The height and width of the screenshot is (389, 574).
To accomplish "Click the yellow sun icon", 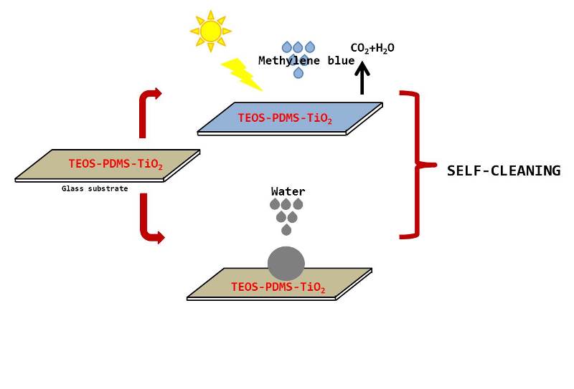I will click(x=210, y=31).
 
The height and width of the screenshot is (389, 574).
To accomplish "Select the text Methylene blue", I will click(x=306, y=61).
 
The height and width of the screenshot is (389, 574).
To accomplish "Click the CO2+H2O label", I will click(x=372, y=48).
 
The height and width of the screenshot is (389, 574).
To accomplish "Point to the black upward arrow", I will click(x=362, y=77).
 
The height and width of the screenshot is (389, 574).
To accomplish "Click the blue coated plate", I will click(x=290, y=118).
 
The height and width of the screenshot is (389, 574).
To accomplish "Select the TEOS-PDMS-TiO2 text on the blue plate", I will click(x=285, y=118).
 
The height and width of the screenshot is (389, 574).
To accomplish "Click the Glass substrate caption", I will click(x=95, y=189).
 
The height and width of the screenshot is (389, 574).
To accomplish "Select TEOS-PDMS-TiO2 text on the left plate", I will click(x=116, y=164).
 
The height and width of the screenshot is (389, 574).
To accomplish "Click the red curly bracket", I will click(x=414, y=164).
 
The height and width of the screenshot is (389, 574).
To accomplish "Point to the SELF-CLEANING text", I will click(x=503, y=171).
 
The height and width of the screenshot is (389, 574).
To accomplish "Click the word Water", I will click(x=288, y=191).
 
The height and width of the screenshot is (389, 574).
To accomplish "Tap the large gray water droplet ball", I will click(x=286, y=263).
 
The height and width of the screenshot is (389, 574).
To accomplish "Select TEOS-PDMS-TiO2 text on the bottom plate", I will click(x=278, y=287).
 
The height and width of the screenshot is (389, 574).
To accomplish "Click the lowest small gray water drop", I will click(x=286, y=229).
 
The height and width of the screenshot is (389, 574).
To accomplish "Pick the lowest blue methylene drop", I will click(x=298, y=72).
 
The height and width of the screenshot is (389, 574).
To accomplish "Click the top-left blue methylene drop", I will click(x=287, y=47).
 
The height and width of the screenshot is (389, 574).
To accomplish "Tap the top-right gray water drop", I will click(x=298, y=204).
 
